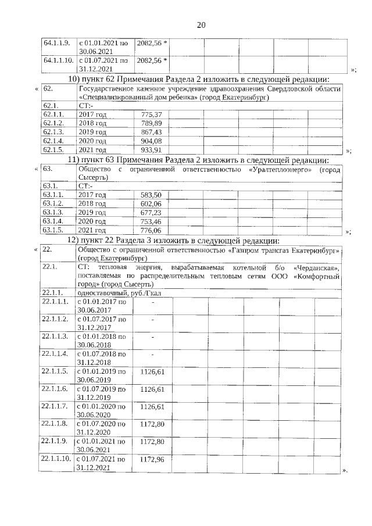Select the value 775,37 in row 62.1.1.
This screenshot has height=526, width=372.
pyautogui.click(x=151, y=114)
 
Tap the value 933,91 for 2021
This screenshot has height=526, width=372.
pyautogui.click(x=151, y=149)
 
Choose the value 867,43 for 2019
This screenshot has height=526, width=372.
pyautogui.click(x=151, y=132)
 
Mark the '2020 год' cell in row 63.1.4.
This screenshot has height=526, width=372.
pyautogui.click(x=92, y=221)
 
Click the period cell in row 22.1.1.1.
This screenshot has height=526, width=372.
pyautogui.click(x=101, y=306)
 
